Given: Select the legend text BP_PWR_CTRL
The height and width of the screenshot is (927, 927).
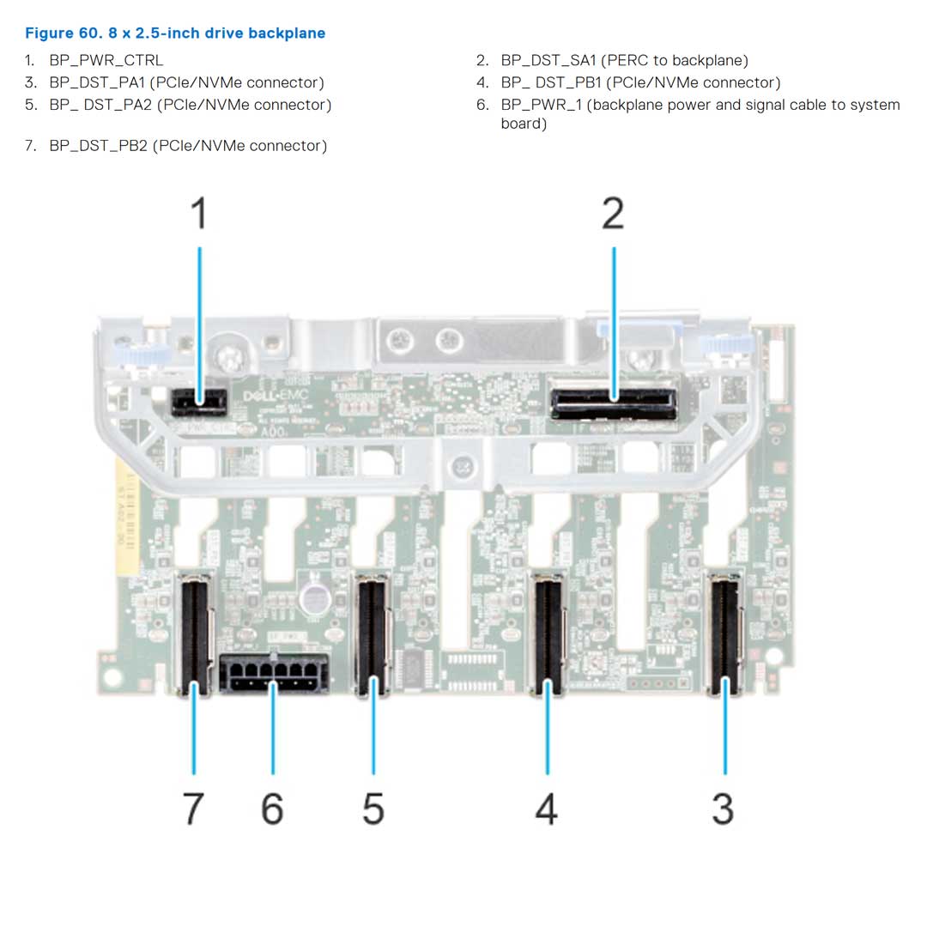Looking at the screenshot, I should click(x=106, y=60).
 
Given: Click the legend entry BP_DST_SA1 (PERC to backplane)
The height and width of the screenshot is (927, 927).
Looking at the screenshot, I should click(x=624, y=60).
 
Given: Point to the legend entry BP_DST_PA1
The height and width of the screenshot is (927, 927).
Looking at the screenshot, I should click(x=186, y=82).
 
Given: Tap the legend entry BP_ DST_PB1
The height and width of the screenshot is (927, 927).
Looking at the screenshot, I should click(x=640, y=82).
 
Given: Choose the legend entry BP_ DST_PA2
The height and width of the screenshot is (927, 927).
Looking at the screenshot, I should click(x=190, y=105).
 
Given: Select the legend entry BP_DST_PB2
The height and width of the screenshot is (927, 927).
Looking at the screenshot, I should click(x=188, y=145).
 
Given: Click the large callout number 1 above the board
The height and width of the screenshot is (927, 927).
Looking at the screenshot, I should click(x=198, y=214).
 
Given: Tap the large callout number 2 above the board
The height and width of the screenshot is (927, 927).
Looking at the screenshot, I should click(x=613, y=214).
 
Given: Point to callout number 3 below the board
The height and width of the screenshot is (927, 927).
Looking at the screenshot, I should click(x=724, y=808).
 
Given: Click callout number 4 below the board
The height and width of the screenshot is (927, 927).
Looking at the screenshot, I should click(x=546, y=808).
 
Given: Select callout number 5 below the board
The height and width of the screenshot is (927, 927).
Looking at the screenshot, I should click(x=373, y=808).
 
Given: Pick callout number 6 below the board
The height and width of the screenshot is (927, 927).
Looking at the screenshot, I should click(x=272, y=808).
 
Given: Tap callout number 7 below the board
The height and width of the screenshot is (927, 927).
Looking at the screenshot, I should click(x=194, y=808).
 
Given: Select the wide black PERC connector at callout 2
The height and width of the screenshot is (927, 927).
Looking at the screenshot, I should click(x=614, y=402).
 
